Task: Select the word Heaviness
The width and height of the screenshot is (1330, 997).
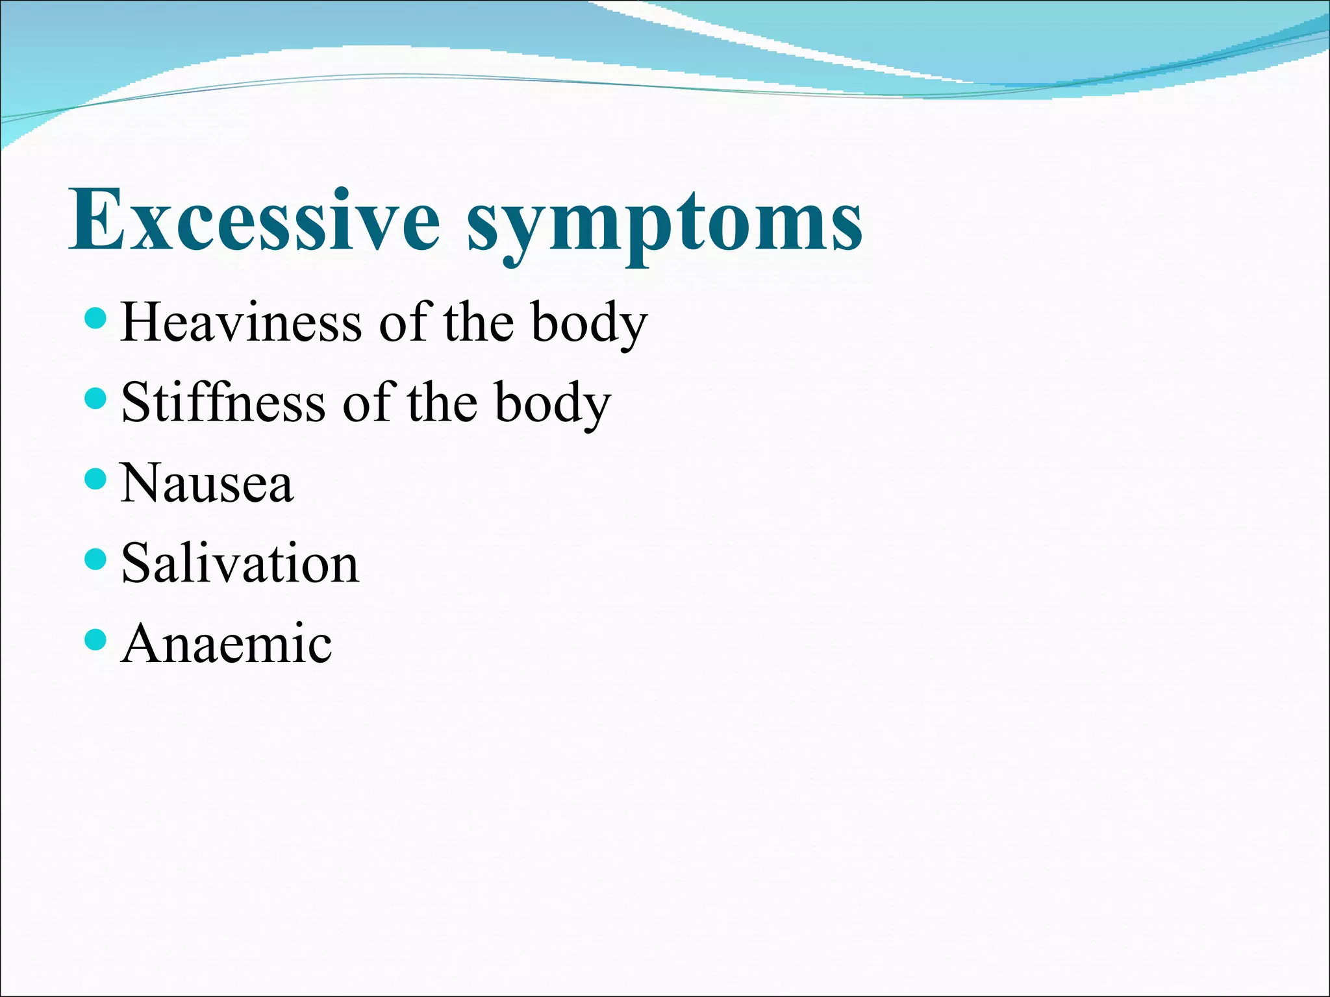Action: click(241, 323)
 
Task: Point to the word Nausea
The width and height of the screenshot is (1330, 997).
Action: click(207, 483)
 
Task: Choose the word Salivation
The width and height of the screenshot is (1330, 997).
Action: click(240, 563)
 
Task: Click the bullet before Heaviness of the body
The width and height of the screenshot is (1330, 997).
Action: click(95, 319)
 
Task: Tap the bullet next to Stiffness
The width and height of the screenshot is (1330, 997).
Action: click(95, 399)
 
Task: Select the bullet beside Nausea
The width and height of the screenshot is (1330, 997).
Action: click(95, 479)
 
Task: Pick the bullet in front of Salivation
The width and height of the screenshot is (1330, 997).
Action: click(95, 559)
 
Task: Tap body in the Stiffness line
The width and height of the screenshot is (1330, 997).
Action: click(553, 404)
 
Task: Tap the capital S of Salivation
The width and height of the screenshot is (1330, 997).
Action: click(136, 563)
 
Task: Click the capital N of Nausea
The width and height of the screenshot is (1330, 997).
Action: click(142, 483)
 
